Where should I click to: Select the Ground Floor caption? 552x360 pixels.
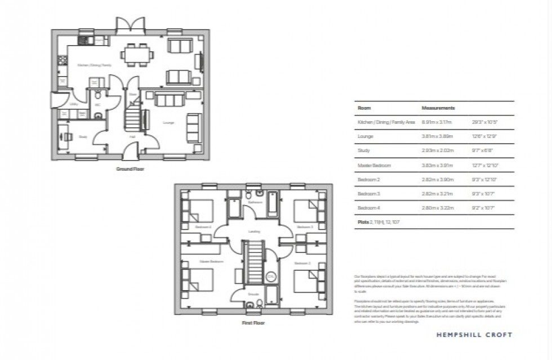pos(130,169)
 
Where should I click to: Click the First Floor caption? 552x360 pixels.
pos(252,323)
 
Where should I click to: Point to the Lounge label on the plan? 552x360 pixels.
pos(168,123)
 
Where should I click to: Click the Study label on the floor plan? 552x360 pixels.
pos(82,136)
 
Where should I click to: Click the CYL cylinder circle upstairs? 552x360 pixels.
pos(270,277)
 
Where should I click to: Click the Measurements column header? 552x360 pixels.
pos(438,108)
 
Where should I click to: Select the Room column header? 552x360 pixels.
pos(364,108)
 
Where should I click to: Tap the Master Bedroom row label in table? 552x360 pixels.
pos(374,165)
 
